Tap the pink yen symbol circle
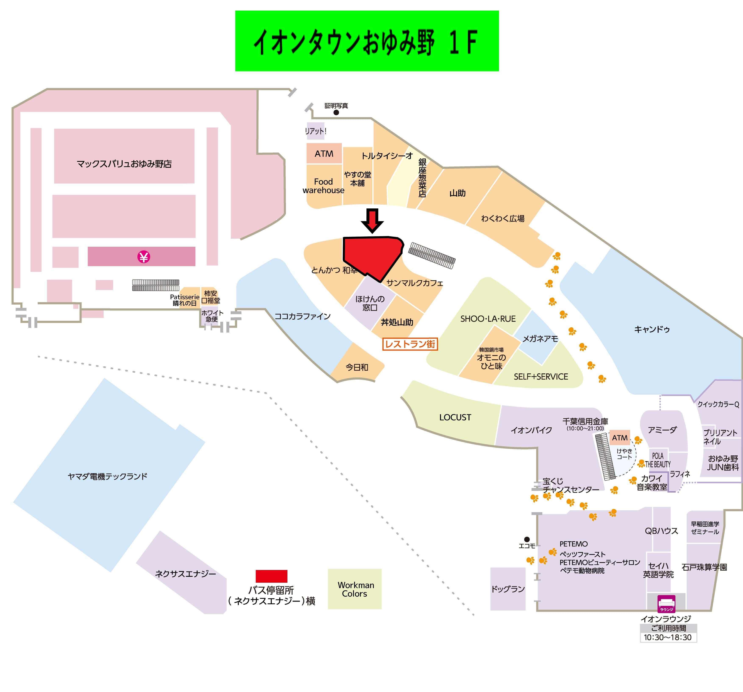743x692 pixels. (144, 257)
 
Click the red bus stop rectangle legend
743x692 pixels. (271, 576)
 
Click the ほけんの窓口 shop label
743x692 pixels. (370, 303)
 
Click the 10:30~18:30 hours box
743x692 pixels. (668, 637)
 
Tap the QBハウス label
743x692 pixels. (661, 531)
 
